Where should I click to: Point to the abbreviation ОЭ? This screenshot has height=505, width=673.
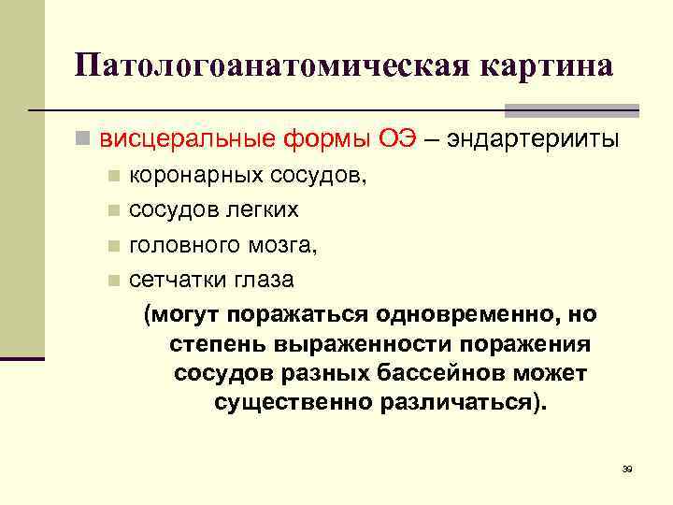click(391, 140)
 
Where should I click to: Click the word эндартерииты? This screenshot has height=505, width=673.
click(533, 140)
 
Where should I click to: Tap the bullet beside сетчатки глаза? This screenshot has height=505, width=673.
click(113, 279)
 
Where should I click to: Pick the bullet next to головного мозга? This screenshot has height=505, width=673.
click(113, 244)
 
